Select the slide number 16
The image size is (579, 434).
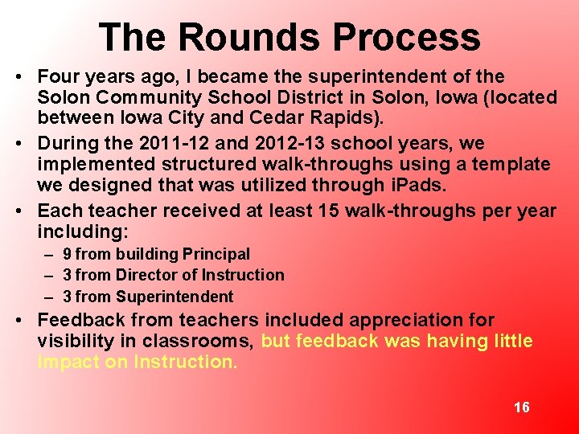click(521, 407)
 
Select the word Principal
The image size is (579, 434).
click(216, 255)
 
